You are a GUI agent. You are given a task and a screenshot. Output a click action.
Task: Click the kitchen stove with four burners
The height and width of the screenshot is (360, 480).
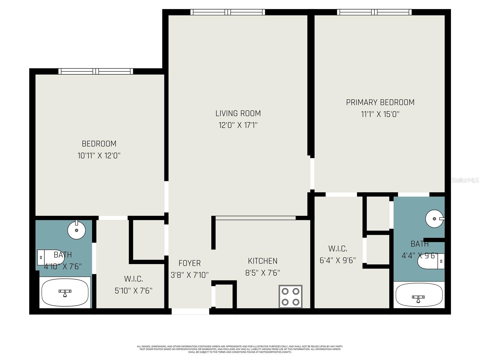point(290,296)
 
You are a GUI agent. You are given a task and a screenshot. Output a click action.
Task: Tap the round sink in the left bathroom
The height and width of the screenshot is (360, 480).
point(76,230)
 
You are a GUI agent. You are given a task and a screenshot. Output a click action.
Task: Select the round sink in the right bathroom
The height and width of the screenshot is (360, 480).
point(434,218)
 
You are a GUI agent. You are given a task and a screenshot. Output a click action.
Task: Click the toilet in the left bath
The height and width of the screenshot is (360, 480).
point(50,257)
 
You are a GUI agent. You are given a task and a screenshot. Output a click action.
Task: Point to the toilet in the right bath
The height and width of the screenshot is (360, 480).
point(431,261)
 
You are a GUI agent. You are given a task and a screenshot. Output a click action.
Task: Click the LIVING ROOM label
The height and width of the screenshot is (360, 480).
point(238,113)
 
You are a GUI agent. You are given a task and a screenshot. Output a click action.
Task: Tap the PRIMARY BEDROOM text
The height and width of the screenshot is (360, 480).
point(380,102)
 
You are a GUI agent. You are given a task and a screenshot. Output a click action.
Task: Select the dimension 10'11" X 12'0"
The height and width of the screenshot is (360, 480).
point(99,156)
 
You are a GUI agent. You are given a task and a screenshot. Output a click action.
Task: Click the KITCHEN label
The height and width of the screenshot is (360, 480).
point(262,261)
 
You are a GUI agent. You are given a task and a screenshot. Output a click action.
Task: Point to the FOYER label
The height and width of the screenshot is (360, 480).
point(189,263)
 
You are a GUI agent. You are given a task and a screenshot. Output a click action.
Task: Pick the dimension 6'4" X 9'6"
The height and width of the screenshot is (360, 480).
point(337,260)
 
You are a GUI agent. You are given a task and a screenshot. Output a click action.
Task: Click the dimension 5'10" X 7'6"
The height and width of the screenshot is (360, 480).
point(133,291)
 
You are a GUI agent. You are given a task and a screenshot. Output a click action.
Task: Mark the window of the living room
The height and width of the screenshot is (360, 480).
point(228,12)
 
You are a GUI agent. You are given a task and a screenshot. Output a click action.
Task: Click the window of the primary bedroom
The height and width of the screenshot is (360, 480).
point(374,12)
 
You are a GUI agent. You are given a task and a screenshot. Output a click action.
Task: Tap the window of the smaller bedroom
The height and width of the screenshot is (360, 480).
point(96,71)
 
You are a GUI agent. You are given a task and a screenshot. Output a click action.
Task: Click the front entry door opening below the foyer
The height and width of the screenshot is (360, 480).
point(190,311)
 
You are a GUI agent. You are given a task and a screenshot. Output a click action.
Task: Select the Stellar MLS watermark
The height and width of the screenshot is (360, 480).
point(465,180)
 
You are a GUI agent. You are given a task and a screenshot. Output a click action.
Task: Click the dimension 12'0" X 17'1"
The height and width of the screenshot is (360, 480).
point(238,125)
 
